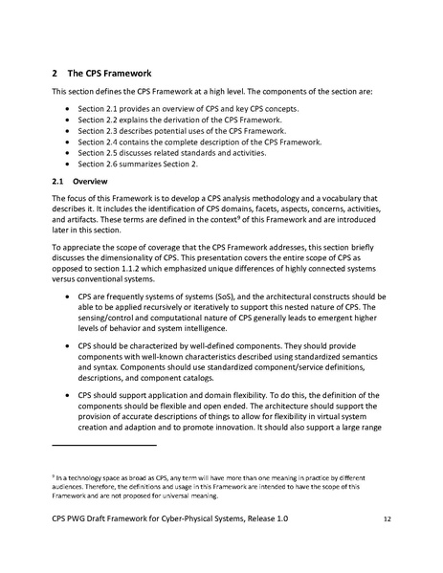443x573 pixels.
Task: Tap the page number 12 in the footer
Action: (x=387, y=545)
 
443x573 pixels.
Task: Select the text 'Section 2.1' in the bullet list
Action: (x=98, y=110)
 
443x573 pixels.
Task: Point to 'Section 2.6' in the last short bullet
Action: (x=98, y=163)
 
